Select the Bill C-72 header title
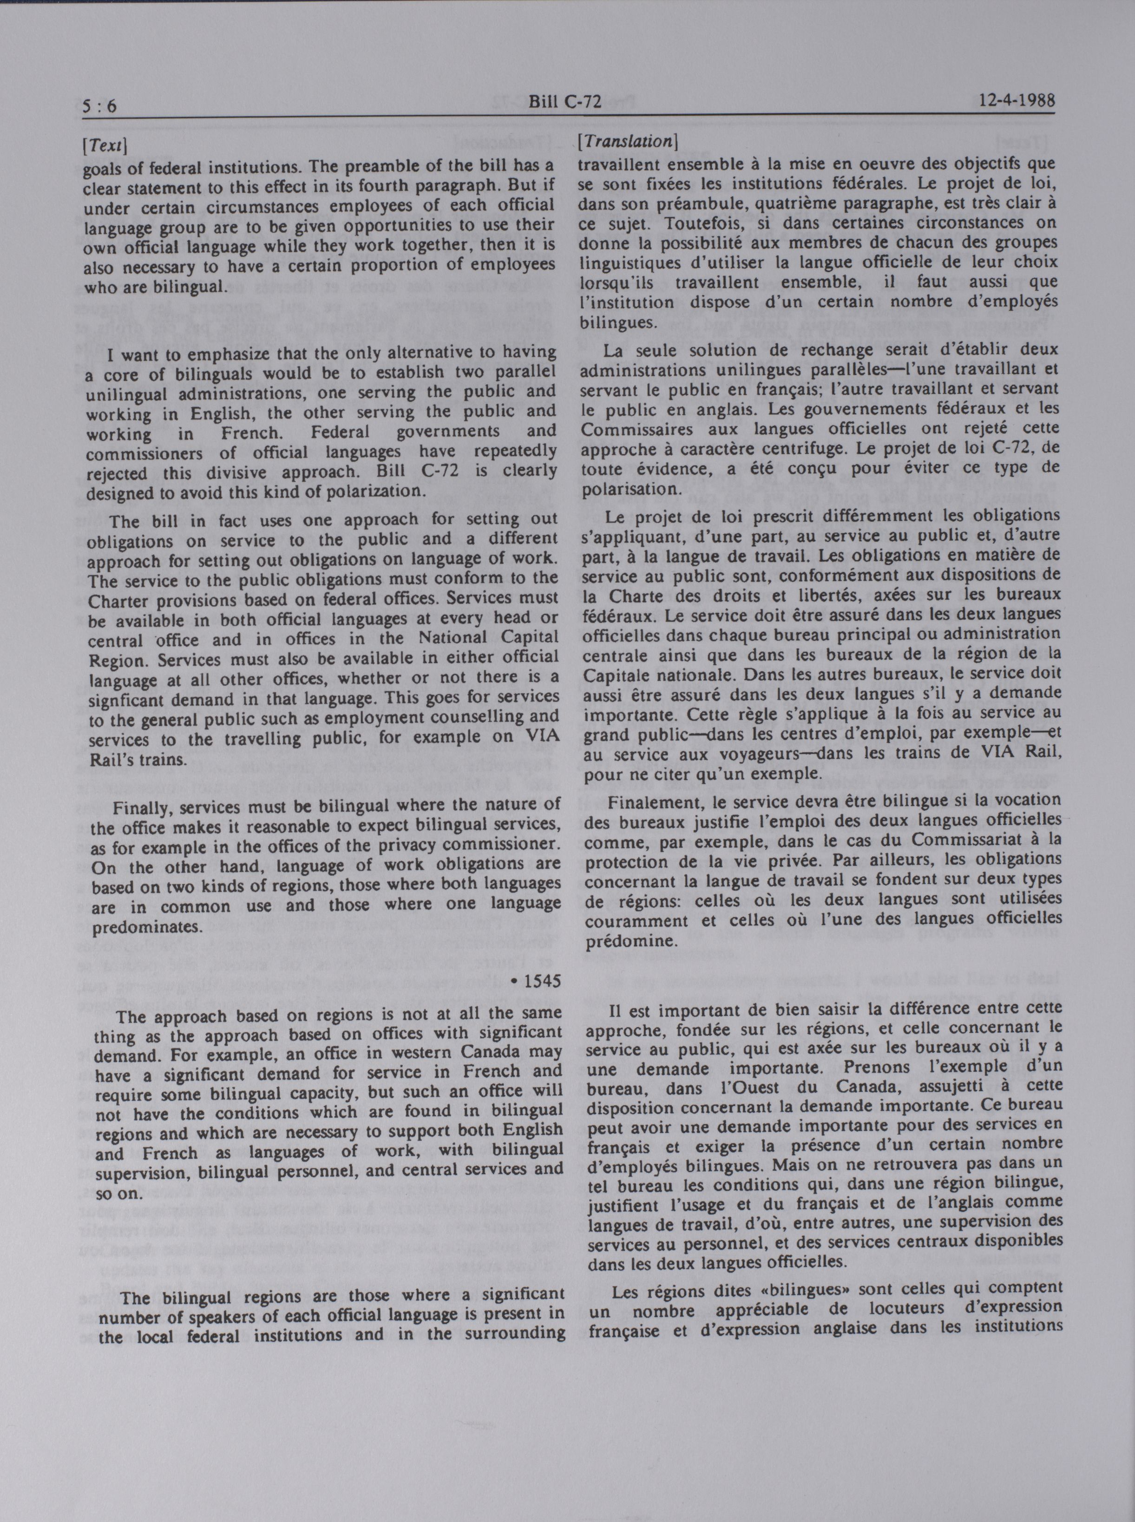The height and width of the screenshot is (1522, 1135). pos(565,102)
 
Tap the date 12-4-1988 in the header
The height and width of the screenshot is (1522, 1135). pos(1017,102)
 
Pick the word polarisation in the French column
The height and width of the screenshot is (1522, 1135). pos(628,491)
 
